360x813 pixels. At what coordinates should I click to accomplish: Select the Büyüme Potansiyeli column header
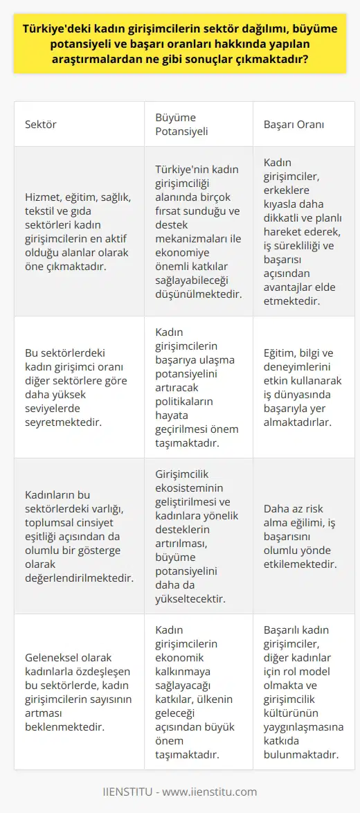(x=179, y=125)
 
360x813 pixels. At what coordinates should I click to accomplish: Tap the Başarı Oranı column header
(x=294, y=125)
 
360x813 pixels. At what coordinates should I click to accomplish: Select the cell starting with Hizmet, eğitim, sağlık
(x=79, y=231)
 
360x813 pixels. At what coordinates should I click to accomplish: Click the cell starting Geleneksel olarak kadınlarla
(x=79, y=691)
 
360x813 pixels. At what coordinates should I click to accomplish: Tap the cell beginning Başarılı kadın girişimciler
(x=301, y=691)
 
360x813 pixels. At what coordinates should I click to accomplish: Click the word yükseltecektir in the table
(x=188, y=603)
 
